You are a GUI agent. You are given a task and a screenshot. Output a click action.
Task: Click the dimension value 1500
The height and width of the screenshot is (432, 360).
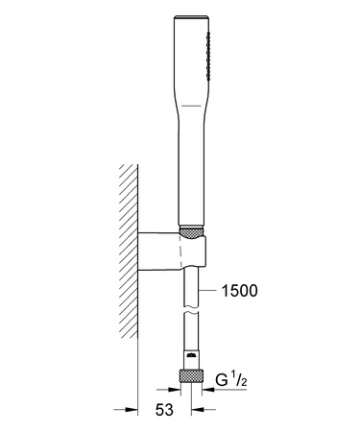[x=239, y=291]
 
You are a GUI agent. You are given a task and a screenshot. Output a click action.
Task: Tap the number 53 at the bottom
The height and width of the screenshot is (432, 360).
[x=164, y=410]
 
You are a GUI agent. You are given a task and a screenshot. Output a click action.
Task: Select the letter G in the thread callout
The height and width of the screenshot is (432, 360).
[x=222, y=380]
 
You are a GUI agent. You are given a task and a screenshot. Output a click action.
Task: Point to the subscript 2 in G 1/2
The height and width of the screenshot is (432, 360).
[x=244, y=382]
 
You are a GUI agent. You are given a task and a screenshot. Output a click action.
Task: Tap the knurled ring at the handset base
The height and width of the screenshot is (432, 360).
[x=191, y=231]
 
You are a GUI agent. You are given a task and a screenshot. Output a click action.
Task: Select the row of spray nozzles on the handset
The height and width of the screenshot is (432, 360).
[x=208, y=56]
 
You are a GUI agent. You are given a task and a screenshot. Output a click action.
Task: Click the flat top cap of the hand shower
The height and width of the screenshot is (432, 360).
[x=191, y=16]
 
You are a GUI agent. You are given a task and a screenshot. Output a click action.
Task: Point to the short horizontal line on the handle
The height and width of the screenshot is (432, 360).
[x=191, y=106]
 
